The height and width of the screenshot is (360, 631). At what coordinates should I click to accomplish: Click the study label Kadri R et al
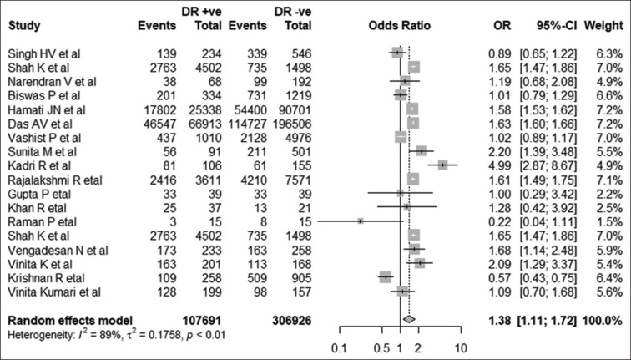(x=39, y=166)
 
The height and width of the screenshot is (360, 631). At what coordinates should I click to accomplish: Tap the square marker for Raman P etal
(x=361, y=221)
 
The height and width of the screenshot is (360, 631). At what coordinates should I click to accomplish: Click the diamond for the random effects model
(x=409, y=319)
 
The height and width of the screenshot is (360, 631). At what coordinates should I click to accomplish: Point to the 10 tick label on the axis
(x=461, y=348)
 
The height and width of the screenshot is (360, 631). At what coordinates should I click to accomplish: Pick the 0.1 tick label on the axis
(x=340, y=348)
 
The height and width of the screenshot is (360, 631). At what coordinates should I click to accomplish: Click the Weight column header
(x=603, y=25)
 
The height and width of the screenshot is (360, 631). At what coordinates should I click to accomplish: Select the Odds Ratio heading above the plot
(x=400, y=25)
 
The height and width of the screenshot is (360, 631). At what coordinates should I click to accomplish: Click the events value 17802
(x=160, y=110)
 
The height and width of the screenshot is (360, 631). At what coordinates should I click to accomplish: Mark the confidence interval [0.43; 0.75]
(x=548, y=278)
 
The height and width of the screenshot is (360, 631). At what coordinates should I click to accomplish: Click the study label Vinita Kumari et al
(x=55, y=292)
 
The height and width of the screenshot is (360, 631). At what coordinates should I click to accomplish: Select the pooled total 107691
(x=202, y=321)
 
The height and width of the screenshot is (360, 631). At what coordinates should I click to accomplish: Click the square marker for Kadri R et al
(x=442, y=165)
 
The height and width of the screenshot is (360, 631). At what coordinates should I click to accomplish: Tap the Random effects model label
(x=70, y=321)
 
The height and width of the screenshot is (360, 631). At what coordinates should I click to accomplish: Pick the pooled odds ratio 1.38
(x=499, y=321)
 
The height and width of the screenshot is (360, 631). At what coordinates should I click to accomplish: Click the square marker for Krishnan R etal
(x=385, y=276)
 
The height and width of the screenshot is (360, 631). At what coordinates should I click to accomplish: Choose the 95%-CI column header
(x=556, y=25)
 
